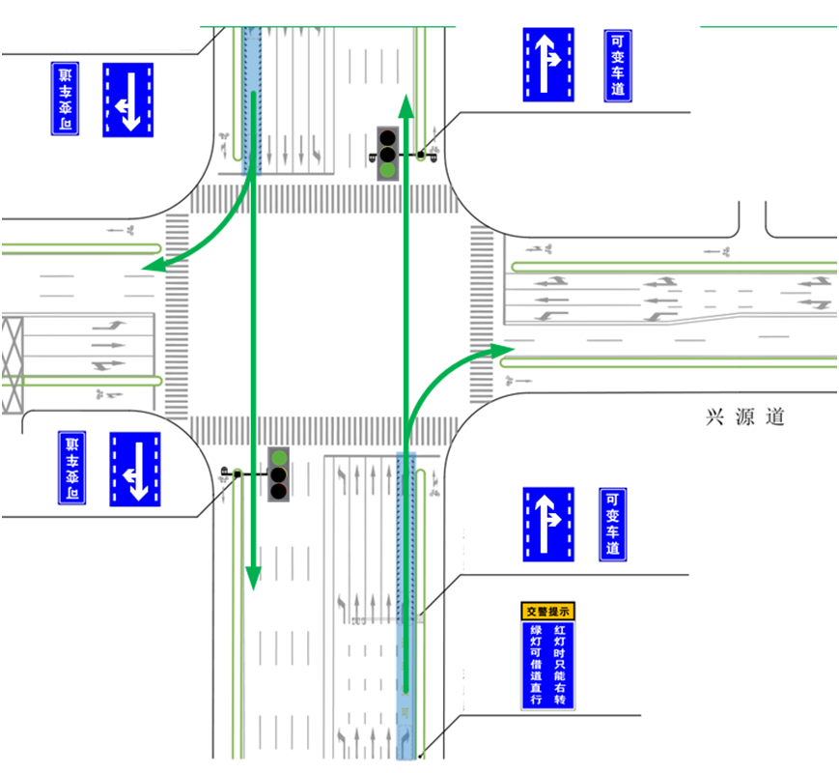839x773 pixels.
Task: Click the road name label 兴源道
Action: (745, 417)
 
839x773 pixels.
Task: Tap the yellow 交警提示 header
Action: (548, 611)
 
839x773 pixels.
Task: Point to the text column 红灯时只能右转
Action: (560, 666)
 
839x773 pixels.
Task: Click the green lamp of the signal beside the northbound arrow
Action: (387, 169)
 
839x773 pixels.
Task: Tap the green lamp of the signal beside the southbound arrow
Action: (279, 457)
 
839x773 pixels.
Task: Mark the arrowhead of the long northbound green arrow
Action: (407, 102)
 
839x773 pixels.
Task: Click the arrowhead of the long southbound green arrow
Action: (253, 577)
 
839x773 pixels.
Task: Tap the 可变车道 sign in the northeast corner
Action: (618, 65)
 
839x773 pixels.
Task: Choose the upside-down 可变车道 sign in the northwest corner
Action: (65, 99)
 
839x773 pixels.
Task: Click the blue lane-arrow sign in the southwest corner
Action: (135, 469)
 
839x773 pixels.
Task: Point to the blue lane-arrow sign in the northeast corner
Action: (548, 65)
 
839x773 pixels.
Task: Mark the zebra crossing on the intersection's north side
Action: (323, 199)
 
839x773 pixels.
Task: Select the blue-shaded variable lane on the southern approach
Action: (407, 599)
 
